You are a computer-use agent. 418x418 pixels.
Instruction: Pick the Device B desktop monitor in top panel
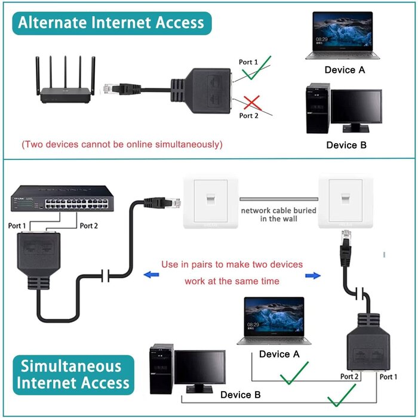pos(356,109)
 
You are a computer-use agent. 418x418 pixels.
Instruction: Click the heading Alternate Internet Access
pos(111,23)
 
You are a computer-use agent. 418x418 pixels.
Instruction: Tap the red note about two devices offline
pos(122,145)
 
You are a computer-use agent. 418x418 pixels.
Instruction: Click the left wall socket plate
pos(210,201)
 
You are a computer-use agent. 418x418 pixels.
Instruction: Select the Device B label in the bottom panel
pos(240,395)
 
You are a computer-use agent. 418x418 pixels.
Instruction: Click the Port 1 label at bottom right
pos(388,377)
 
